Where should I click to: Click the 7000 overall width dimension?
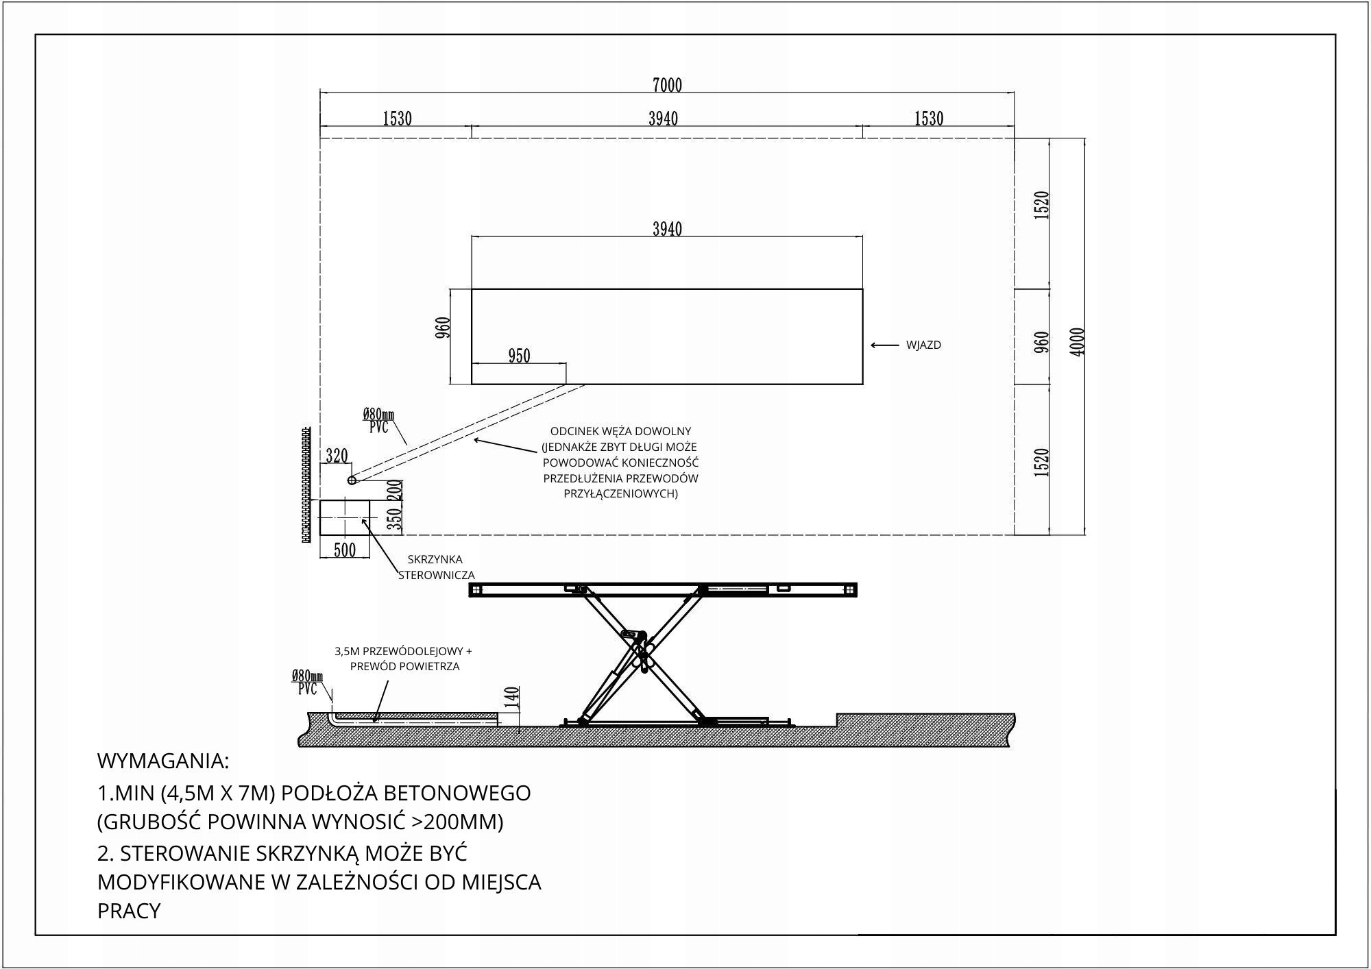click(667, 85)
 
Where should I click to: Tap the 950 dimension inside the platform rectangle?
click(519, 356)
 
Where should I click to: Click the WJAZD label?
click(923, 345)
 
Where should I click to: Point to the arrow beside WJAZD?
click(884, 345)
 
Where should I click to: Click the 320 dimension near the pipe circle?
click(337, 456)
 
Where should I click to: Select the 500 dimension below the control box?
click(344, 550)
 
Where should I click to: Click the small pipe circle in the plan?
click(352, 480)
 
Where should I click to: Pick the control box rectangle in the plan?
click(344, 517)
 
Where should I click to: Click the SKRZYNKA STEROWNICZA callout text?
click(436, 567)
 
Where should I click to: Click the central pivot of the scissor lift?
click(642, 650)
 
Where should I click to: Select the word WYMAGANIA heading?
click(163, 761)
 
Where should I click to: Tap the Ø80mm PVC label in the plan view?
click(378, 421)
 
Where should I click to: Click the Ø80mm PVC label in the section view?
click(307, 683)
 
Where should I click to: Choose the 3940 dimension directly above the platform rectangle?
click(667, 229)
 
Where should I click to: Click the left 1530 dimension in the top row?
click(396, 119)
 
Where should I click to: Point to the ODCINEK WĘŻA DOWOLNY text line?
click(620, 432)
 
